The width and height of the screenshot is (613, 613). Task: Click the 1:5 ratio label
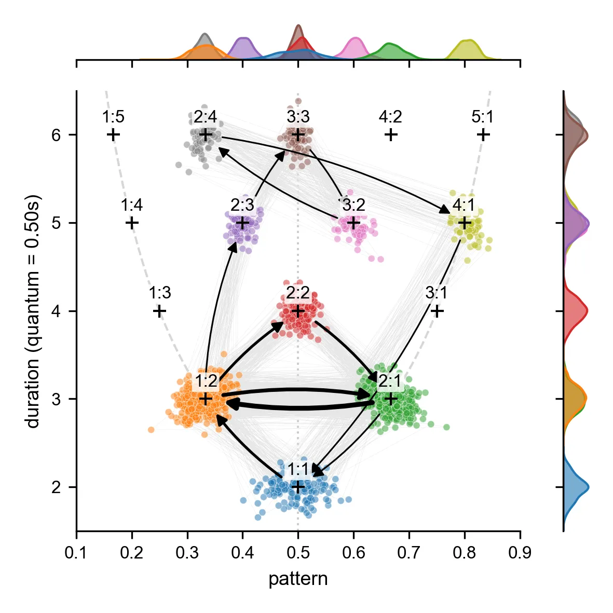[113, 117]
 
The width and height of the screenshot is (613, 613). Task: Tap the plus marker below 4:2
[391, 135]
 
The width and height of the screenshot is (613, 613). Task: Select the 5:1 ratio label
[482, 117]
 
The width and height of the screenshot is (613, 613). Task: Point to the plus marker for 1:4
[132, 223]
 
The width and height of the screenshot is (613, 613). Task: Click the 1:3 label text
[159, 293]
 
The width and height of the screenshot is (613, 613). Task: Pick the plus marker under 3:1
[438, 311]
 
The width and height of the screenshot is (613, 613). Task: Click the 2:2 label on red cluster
[298, 293]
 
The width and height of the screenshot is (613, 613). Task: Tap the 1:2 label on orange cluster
[206, 382]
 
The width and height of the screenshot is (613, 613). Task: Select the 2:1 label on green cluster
[390, 382]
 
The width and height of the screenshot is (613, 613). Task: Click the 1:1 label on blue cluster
[297, 469]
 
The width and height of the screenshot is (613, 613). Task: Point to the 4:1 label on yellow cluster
[464, 206]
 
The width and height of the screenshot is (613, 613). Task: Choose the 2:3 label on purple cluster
[242, 206]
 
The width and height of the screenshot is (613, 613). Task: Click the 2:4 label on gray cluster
[205, 117]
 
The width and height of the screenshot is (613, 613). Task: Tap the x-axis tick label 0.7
[409, 553]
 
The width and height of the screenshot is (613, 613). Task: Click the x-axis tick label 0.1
[76, 553]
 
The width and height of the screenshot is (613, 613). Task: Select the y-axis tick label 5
[56, 223]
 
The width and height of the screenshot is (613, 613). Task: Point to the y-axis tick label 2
[56, 487]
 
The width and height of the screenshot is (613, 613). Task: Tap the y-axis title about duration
[33, 311]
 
